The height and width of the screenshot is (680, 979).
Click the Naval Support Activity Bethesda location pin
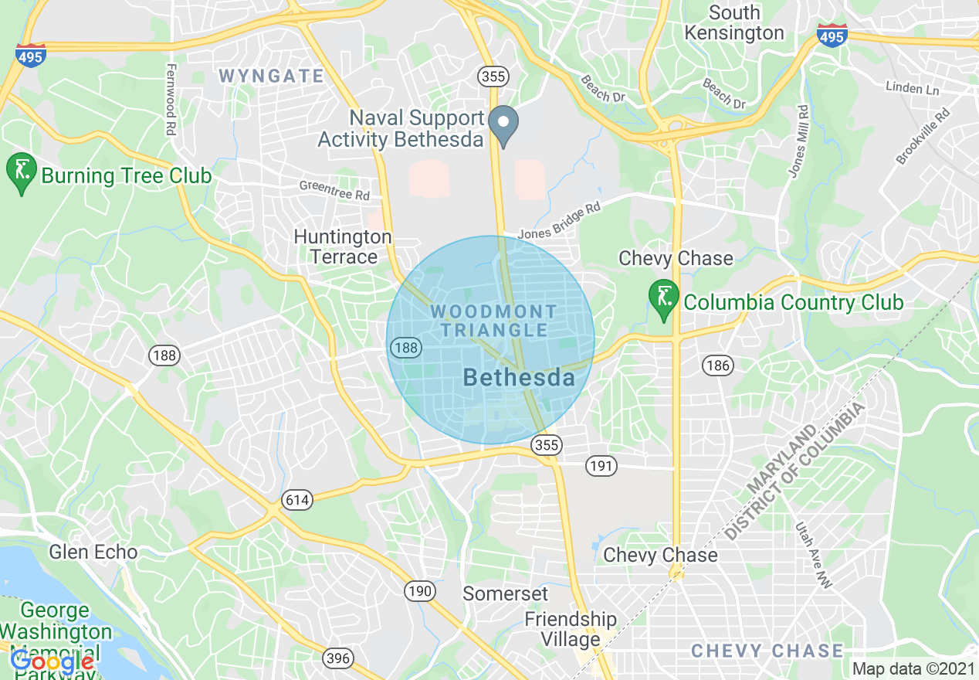(x=503, y=124)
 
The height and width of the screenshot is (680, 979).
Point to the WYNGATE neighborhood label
(x=271, y=76)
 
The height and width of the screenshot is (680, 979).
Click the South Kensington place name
(x=734, y=23)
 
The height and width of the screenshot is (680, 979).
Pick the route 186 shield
(x=718, y=365)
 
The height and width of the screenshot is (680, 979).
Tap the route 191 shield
(x=601, y=465)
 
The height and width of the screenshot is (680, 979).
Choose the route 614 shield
(x=296, y=500)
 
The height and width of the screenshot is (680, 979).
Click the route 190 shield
(x=419, y=591)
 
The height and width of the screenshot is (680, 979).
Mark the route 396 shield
(x=337, y=658)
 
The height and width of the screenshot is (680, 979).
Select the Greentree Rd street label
(x=335, y=191)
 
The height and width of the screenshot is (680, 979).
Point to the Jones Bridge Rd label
(x=559, y=221)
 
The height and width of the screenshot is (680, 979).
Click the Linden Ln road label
(x=913, y=88)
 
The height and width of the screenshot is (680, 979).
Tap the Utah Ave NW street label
(x=815, y=556)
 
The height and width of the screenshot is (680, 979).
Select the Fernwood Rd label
(x=170, y=100)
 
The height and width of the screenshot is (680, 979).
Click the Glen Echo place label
(x=93, y=552)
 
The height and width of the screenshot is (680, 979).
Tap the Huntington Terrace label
(x=343, y=246)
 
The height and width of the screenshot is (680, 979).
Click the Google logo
(x=53, y=662)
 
